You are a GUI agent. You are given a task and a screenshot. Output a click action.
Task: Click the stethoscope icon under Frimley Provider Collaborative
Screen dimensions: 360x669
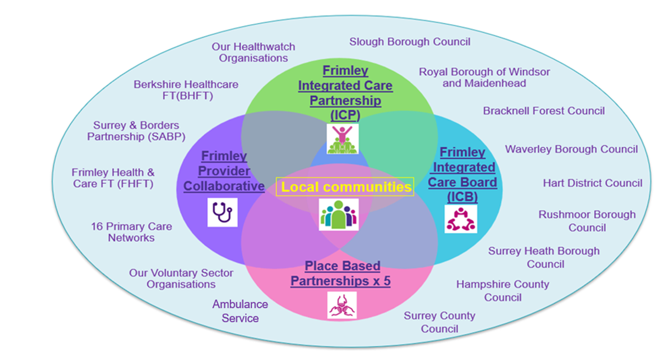coord(222,212)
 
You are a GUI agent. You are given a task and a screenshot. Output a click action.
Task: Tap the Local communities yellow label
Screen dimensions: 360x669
coord(345,187)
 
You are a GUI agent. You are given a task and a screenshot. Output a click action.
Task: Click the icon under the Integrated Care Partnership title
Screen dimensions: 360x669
coord(342,139)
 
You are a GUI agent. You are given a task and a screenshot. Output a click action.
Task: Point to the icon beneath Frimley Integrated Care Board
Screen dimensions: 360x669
coord(460,219)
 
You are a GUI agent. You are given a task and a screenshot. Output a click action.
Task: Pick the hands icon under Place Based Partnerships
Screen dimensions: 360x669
coord(342,305)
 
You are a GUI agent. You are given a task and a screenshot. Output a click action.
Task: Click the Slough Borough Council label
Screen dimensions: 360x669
coord(410,42)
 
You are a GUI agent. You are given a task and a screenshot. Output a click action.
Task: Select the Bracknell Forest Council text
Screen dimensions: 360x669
coord(544,111)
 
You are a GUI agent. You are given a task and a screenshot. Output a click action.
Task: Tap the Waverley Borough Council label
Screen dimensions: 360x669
coord(571,149)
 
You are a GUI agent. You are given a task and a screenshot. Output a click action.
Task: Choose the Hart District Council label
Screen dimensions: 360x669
coord(592,183)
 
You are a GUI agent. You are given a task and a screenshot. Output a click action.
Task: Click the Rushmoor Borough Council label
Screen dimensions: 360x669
coord(587,221)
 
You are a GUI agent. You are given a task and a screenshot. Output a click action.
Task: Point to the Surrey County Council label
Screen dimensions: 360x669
coord(439,322)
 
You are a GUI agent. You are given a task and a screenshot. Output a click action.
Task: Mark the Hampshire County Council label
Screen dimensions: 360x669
coord(502,291)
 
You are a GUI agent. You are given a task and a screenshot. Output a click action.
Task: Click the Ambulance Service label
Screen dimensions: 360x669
coord(240,311)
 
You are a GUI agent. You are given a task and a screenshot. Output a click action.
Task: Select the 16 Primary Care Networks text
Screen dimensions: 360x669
coord(131,232)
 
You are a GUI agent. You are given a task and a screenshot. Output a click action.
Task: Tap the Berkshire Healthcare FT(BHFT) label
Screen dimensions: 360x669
coord(186,90)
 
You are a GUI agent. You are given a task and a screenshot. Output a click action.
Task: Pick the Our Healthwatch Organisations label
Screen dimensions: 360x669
coord(253,52)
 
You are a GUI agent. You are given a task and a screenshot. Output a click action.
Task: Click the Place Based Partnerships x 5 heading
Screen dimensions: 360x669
coord(342,274)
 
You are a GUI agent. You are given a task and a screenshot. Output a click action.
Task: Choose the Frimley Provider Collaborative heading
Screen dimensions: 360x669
coord(224,171)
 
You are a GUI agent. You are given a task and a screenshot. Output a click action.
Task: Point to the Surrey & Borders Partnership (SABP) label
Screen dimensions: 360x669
coord(136,131)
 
